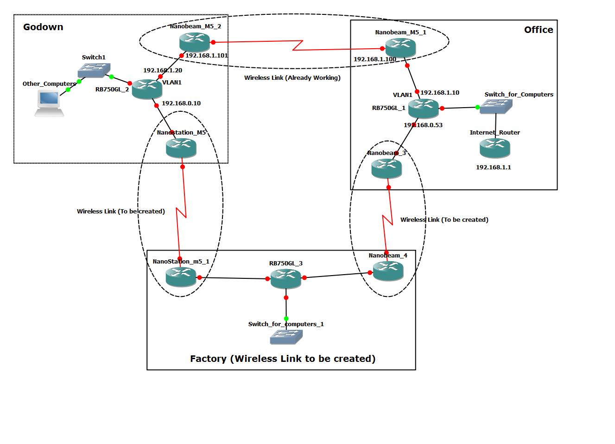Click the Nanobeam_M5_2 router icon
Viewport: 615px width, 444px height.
195,42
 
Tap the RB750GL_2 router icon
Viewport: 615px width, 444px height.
147,89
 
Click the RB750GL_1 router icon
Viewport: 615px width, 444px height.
423,109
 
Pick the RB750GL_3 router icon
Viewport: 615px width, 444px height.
286,278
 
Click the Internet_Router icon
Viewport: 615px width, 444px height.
495,148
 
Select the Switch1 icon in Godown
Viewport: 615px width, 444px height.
94,70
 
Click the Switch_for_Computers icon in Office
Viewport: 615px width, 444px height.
496,107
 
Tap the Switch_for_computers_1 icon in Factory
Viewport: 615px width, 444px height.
286,337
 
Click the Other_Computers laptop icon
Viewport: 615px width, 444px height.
49,103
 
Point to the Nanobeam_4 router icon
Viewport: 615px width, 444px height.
388,271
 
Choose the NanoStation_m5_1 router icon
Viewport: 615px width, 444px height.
181,277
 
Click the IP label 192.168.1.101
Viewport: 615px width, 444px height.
207,55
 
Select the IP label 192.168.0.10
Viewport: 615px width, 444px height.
181,103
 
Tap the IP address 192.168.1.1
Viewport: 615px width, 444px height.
493,167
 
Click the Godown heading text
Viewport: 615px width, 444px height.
43,27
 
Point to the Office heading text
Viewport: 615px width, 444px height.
538,30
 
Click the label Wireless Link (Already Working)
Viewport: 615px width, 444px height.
292,77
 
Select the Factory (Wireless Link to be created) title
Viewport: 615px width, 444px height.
283,359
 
